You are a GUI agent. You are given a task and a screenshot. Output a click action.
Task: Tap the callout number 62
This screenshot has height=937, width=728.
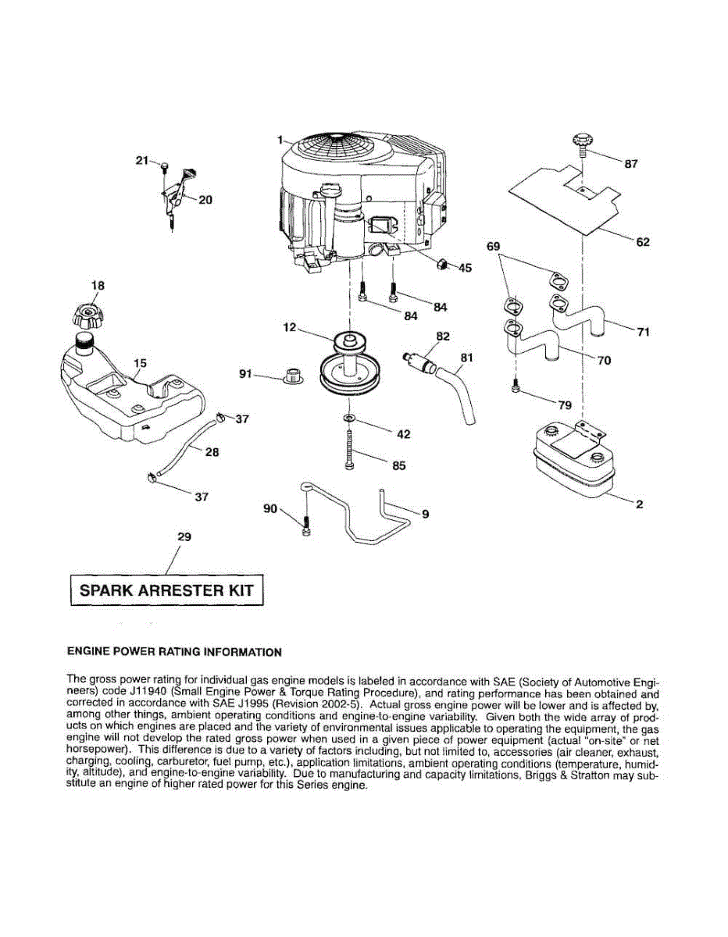642,242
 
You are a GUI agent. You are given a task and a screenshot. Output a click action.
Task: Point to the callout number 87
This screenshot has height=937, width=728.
631,164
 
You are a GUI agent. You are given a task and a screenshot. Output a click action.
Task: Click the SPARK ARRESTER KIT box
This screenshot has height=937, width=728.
166,590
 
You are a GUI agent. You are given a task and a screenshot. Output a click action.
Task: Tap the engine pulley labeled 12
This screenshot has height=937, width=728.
350,367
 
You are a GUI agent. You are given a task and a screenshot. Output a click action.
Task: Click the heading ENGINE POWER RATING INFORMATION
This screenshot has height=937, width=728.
174,651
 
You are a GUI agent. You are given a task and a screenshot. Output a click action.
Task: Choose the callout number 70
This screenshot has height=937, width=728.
604,361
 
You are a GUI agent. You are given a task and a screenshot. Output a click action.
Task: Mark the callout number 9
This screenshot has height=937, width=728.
425,514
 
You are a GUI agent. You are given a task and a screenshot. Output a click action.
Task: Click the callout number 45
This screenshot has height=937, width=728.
465,268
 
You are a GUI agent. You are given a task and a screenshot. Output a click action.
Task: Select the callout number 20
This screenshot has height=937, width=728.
205,199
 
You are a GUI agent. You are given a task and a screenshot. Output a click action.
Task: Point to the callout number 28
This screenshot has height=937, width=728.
212,451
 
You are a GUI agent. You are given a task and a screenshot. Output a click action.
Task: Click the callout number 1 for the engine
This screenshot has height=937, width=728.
278,140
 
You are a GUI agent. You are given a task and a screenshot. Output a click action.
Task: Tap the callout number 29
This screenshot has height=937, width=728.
184,537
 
